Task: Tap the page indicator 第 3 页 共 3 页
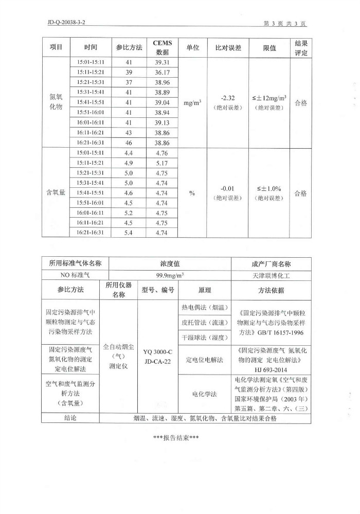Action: coord(285,23)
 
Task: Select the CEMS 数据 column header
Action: coord(162,47)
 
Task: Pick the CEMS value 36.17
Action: coord(162,72)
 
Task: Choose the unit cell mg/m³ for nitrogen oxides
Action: coord(192,102)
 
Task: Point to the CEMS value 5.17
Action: coord(162,163)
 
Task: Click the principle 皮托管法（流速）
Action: coord(201,323)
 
